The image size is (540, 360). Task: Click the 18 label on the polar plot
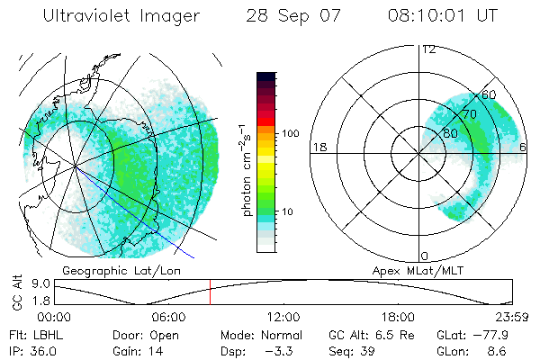click(x=318, y=147)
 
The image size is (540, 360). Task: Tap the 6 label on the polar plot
click(x=524, y=147)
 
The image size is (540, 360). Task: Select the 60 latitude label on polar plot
click(x=489, y=94)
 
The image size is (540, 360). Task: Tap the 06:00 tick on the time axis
click(x=168, y=317)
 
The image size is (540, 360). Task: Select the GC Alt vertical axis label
click(x=15, y=293)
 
